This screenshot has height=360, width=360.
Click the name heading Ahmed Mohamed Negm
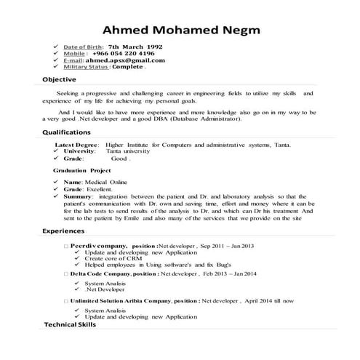(x=180, y=31)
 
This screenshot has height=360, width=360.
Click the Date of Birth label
(x=84, y=46)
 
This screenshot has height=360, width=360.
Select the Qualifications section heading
(x=65, y=132)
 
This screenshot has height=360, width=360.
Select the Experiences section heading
(x=63, y=231)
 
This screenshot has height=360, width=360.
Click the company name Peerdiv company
(x=99, y=246)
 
